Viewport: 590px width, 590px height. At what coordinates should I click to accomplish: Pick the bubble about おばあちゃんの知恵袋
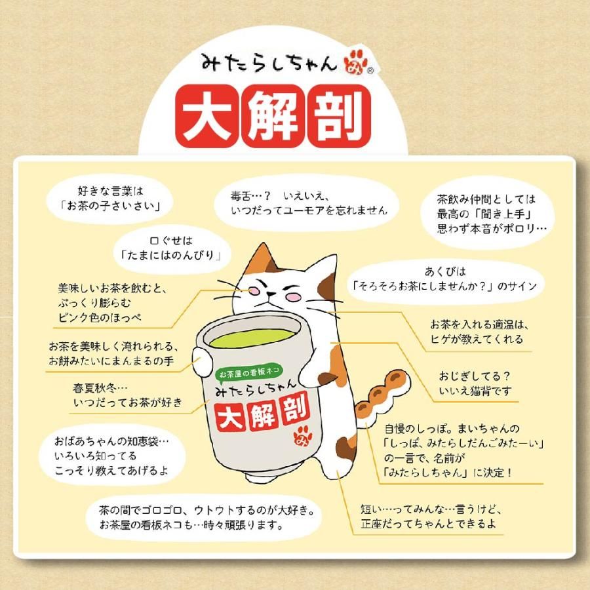[x=113, y=452]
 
